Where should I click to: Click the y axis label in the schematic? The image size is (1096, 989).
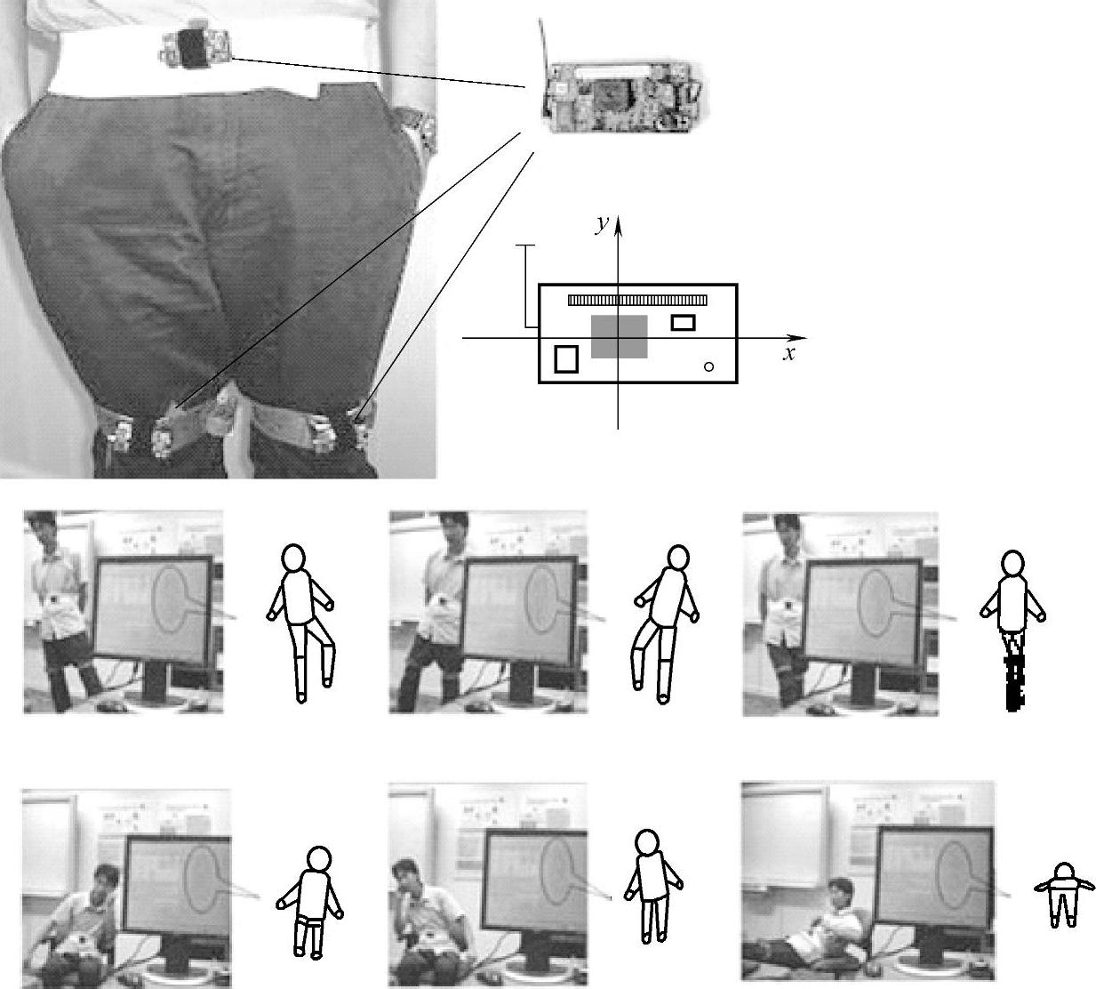[x=602, y=224]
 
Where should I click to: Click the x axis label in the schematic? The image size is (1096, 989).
[x=788, y=354]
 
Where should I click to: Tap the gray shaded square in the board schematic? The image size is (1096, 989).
[x=619, y=336]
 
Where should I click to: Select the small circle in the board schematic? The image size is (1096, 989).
[x=708, y=366]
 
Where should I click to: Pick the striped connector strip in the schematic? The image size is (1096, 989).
[x=637, y=300]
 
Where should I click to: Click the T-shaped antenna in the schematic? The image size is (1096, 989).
[x=525, y=285]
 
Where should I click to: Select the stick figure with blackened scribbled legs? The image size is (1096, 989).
[x=1012, y=630]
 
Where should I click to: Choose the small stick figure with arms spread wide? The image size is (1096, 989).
[x=1064, y=903]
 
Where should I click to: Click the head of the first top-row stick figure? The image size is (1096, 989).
[x=293, y=558]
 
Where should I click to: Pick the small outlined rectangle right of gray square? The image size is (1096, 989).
[x=683, y=323]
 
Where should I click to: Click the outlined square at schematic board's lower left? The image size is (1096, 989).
[x=566, y=359]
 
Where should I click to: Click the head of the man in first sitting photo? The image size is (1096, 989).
[x=107, y=878]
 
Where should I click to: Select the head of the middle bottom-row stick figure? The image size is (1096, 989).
[x=648, y=842]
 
